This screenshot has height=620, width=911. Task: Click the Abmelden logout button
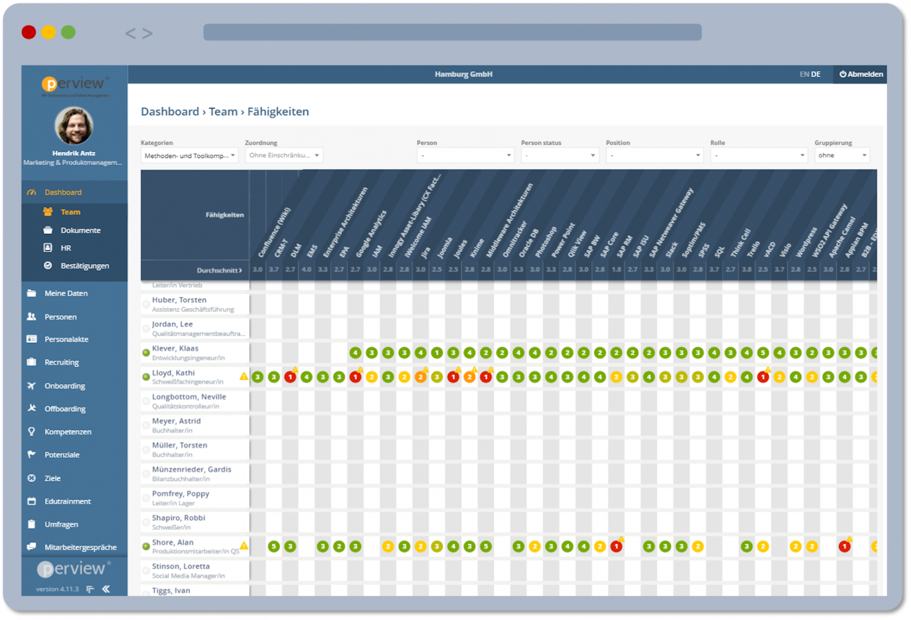[x=861, y=75]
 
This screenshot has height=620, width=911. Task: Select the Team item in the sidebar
[x=70, y=212]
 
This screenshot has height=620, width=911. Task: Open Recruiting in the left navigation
[x=61, y=362]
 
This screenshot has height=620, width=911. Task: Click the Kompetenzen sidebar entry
[x=68, y=432]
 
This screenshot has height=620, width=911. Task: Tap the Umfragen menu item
[x=61, y=524]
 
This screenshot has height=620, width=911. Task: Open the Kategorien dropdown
[x=189, y=155]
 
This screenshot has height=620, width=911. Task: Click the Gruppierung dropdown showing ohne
[x=842, y=155]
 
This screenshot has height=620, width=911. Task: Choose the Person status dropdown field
[x=560, y=155]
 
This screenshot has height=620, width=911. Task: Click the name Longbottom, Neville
[x=189, y=397]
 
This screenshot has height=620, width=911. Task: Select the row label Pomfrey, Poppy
[x=180, y=494]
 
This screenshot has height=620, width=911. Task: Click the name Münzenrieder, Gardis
[x=191, y=470]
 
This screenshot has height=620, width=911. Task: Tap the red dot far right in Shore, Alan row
[x=844, y=547]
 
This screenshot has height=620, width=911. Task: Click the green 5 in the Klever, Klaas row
[x=763, y=353]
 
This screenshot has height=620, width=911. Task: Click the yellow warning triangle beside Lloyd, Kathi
[x=244, y=376]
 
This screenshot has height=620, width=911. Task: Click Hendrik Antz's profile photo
[x=74, y=126]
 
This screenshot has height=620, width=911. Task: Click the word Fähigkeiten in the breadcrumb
[x=278, y=112]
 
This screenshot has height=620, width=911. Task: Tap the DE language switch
[x=816, y=75]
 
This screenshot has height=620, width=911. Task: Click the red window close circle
[x=29, y=32]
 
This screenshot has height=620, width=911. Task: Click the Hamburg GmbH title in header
[x=463, y=75]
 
